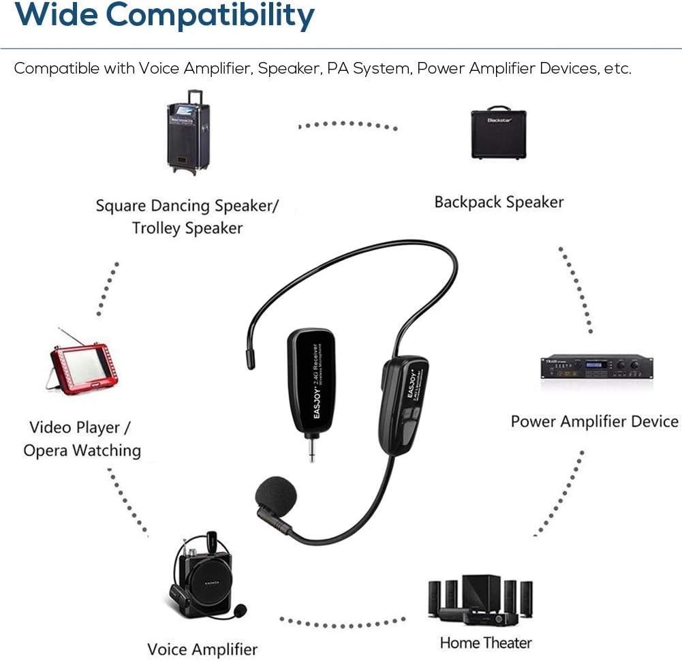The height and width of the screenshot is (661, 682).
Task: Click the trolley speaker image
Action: tap(187, 131)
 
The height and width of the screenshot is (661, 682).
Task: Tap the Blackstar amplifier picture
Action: tap(498, 133)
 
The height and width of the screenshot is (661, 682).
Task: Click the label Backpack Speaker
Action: tap(499, 202)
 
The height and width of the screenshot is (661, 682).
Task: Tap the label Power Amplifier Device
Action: tap(594, 422)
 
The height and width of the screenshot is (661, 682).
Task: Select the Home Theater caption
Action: tap(485, 643)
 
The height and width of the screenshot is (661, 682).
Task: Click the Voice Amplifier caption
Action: tap(202, 649)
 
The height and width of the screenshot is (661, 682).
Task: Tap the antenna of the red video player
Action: tap(71, 337)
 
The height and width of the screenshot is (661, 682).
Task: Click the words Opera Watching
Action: tap(82, 450)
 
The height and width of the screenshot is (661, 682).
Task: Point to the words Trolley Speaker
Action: tap(187, 228)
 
